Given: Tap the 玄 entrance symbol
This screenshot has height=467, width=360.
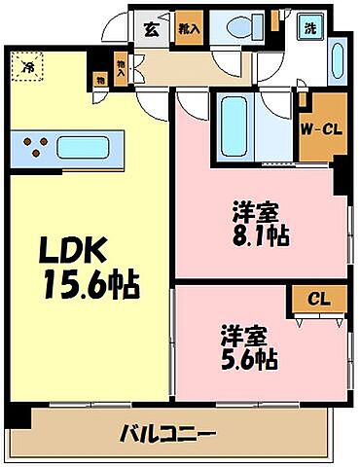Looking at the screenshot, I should point(154,28).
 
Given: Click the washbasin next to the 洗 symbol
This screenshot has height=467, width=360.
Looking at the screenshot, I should point(337,60).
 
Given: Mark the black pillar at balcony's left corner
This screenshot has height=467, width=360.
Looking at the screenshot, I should point(18,416).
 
